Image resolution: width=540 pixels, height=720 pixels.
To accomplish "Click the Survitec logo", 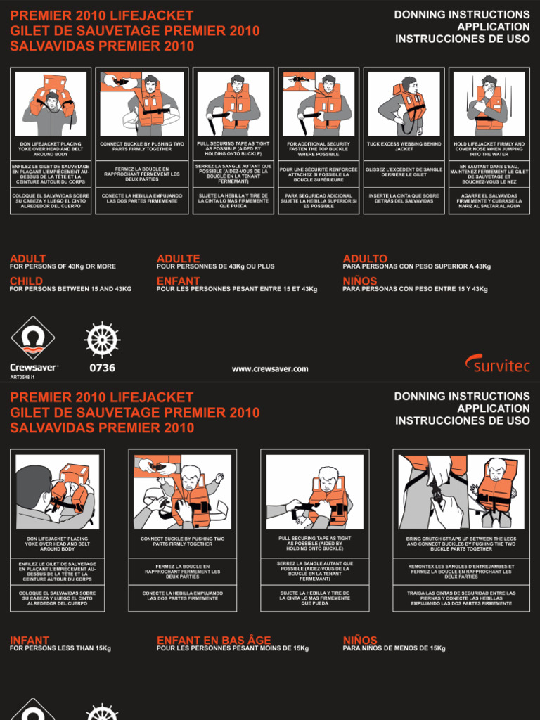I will (497, 364).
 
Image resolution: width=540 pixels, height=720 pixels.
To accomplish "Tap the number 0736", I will (103, 368).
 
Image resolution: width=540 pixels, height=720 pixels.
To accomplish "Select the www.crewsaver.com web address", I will (270, 369).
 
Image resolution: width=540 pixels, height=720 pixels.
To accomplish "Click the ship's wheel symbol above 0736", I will (103, 340).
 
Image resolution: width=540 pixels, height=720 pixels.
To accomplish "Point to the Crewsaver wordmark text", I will (33, 367).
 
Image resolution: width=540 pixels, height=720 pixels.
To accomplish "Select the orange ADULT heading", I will (28, 259).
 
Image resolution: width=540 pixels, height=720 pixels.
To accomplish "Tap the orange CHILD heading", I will (26, 281).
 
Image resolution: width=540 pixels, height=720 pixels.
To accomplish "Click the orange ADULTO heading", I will (365, 259).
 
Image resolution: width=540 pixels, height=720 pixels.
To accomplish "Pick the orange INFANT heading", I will (30, 641).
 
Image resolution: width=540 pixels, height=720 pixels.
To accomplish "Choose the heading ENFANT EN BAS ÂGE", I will (213, 641).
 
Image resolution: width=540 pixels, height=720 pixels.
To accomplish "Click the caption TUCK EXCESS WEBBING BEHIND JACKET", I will (404, 146).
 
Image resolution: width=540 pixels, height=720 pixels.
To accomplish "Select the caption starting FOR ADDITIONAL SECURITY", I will (319, 149).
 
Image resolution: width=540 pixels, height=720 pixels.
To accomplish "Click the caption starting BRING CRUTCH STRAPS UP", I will (461, 544).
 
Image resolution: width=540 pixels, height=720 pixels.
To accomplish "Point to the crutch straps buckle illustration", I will (461, 491).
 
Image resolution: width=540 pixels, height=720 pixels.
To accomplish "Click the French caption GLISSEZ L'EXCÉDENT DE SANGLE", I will (404, 172).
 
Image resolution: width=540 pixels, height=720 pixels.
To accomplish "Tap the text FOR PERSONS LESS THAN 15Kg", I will (60, 648).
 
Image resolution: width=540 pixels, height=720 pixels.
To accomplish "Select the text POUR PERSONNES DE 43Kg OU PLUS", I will (216, 266).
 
